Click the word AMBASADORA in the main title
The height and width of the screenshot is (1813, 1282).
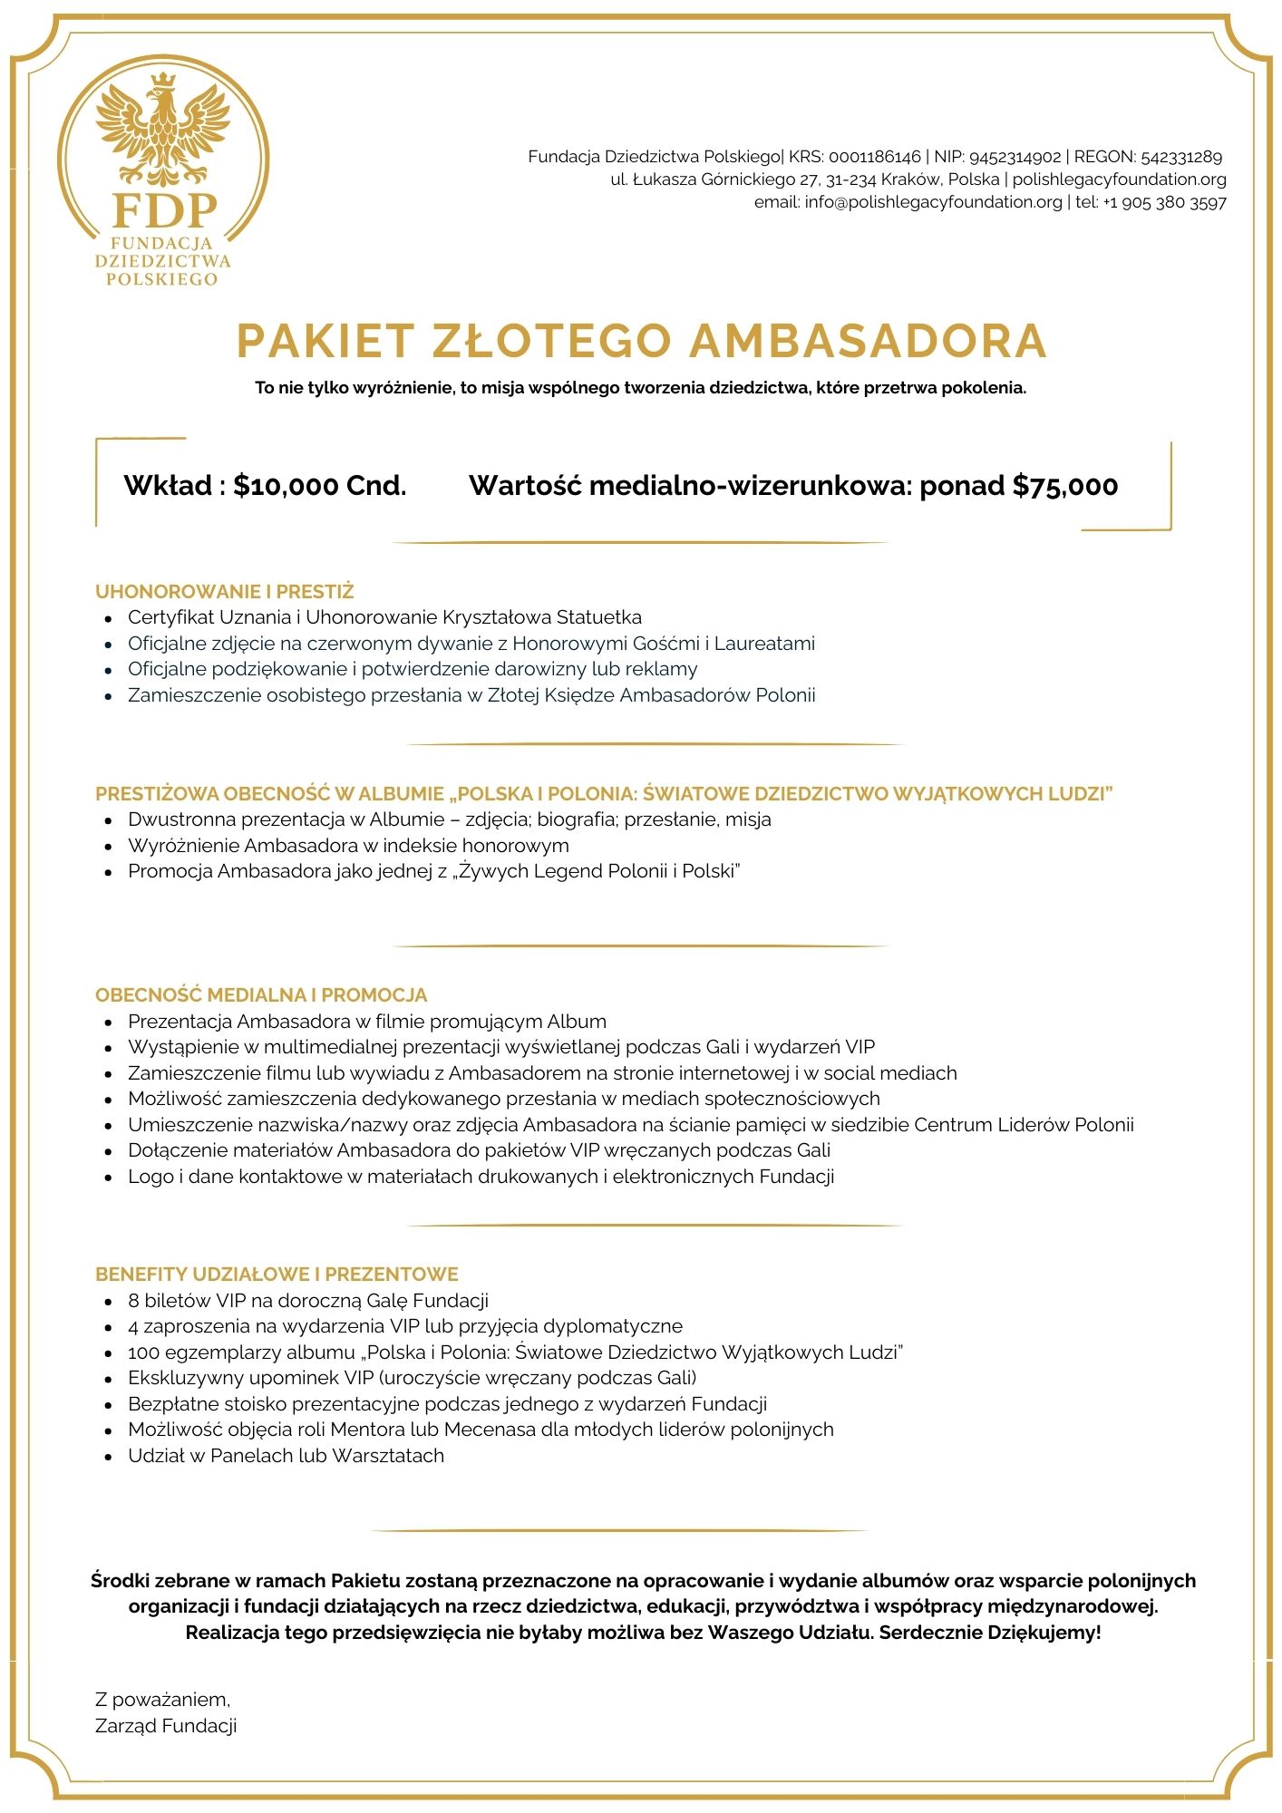tap(868, 341)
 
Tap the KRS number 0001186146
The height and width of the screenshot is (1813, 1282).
tap(874, 157)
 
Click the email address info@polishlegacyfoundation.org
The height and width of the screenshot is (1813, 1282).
tap(933, 202)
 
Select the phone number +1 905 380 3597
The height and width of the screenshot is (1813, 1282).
tap(1164, 202)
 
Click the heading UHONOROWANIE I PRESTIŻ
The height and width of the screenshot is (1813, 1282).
tap(224, 592)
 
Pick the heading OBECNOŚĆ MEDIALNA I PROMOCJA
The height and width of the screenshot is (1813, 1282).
tap(261, 994)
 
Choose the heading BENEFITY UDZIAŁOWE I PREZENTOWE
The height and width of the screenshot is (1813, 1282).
tap(277, 1274)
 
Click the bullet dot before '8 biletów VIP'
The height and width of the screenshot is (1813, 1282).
tap(109, 1302)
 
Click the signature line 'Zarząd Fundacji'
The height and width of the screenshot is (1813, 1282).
tap(166, 1726)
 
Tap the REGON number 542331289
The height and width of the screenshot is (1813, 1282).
tap(1181, 157)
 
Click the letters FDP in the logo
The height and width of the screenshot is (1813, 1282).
tap(164, 210)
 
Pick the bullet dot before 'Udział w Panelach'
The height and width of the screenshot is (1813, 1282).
tap(109, 1457)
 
